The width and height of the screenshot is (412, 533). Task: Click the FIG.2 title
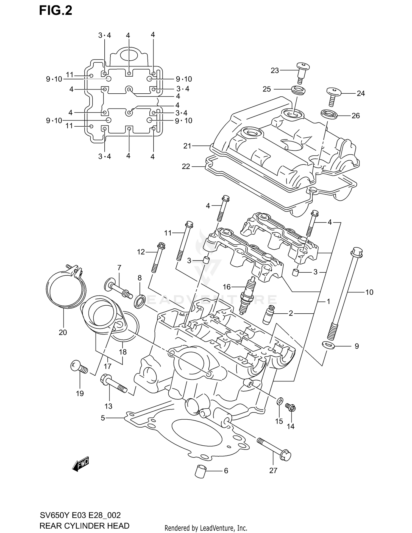point(55,10)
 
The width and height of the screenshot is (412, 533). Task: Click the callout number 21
point(187,146)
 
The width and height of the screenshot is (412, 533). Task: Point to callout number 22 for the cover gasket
point(186,166)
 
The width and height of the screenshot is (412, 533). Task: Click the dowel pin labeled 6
point(201,471)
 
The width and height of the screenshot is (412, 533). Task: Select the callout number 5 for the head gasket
point(103,418)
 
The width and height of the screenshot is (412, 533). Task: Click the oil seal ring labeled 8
point(140,301)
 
